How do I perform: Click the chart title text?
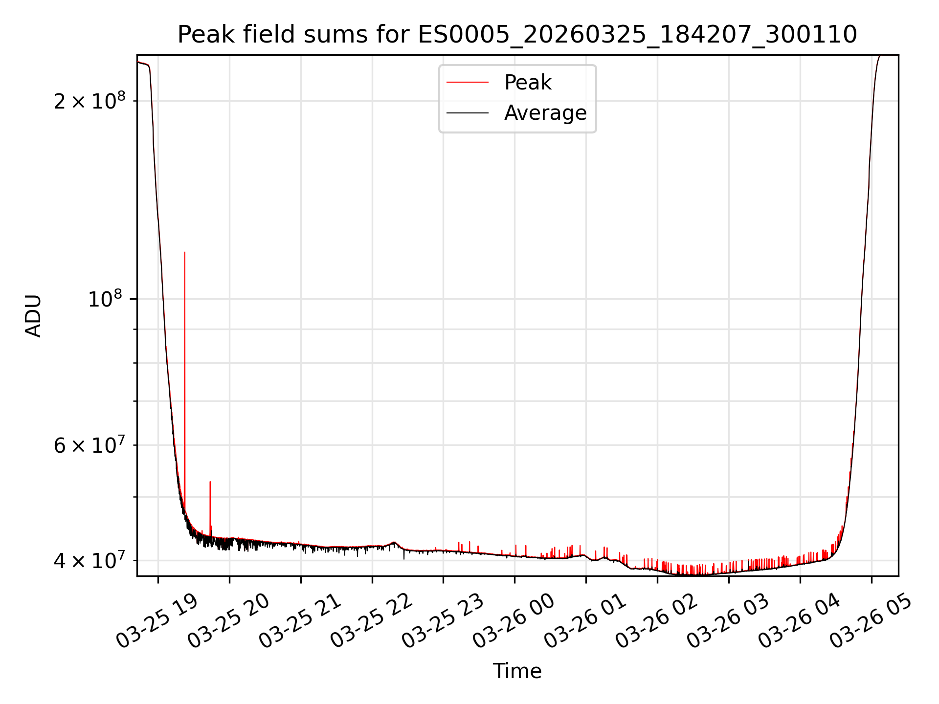(x=517, y=35)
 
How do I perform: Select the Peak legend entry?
(x=527, y=83)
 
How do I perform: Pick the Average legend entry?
(x=545, y=113)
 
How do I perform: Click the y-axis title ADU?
(x=34, y=316)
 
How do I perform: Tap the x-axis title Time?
(x=517, y=671)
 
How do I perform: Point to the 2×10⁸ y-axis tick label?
(x=89, y=101)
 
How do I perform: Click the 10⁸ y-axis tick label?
(x=106, y=299)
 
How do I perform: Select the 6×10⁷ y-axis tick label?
(x=89, y=445)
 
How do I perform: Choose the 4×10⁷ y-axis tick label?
(x=89, y=560)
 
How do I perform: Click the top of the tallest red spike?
(x=184, y=252)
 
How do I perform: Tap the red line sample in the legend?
(x=467, y=83)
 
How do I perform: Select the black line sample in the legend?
(x=467, y=113)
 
